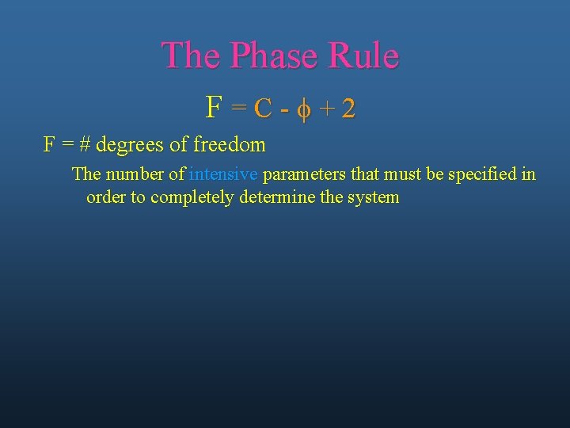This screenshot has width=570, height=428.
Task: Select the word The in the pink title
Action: point(191,55)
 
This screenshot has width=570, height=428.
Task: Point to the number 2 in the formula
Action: point(348,109)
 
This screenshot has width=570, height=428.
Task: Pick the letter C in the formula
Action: point(265,109)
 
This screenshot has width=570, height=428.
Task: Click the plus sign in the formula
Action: point(325,109)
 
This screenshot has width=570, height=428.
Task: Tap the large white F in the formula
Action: point(213,106)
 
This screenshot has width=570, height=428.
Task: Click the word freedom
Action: point(229,145)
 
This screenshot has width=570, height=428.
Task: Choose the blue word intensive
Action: point(223,174)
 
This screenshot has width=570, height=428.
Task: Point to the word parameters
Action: point(302,174)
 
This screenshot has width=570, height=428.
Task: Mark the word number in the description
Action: point(133,174)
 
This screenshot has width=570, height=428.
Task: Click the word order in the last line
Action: point(106,197)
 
